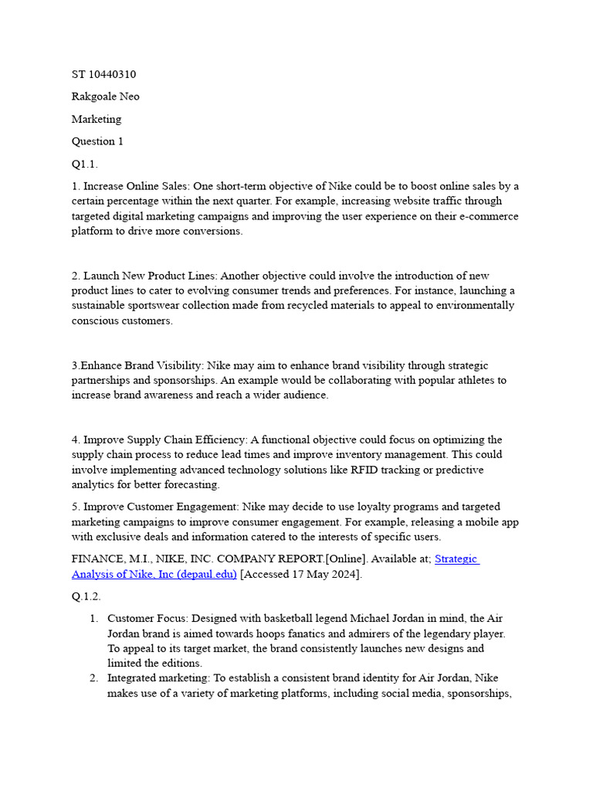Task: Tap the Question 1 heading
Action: coord(97,141)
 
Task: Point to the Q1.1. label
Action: coord(84,164)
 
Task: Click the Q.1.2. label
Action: coord(86,596)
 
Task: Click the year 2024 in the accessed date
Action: coord(345,574)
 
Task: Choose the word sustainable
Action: coord(103,305)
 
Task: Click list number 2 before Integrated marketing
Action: coord(93,678)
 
